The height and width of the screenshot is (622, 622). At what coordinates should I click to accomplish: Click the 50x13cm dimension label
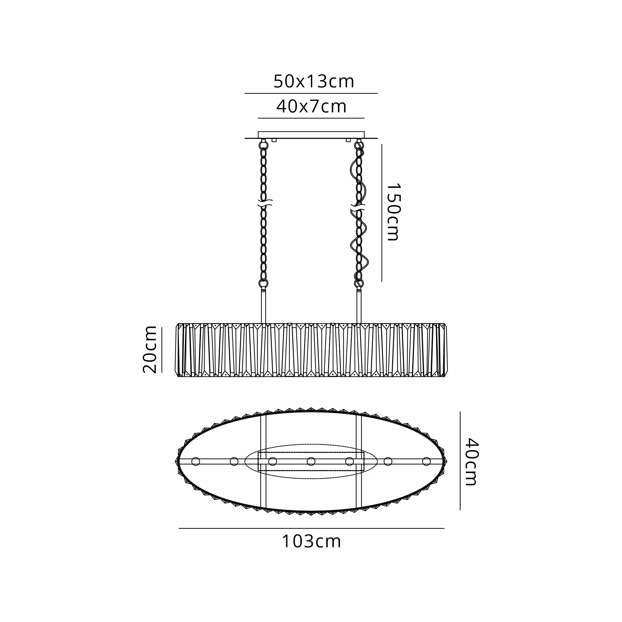313,81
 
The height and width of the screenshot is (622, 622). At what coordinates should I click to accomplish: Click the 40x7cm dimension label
311,107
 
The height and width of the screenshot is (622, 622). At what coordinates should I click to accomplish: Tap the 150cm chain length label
393,212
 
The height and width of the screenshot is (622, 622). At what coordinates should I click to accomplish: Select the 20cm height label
150,350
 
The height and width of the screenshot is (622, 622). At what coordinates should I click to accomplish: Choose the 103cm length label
311,541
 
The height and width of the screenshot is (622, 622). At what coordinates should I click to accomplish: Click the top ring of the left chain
263,146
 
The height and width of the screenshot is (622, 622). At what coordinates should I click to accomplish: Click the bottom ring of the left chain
263,283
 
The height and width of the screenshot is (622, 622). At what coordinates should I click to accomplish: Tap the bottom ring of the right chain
359,283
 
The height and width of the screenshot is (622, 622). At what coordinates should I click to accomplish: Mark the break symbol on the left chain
265,202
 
